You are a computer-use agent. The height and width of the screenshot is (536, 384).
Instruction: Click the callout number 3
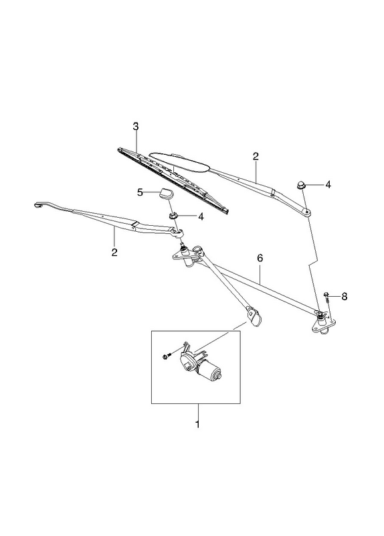(x=136, y=127)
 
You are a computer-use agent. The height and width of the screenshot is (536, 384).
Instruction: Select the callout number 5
(x=140, y=192)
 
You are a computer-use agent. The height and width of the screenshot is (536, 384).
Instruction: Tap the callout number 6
(x=260, y=258)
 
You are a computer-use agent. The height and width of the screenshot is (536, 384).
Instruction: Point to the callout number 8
(x=344, y=297)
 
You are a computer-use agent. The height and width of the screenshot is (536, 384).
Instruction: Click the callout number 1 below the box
(x=197, y=425)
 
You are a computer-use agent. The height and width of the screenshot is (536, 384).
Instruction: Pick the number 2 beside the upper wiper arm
(x=256, y=157)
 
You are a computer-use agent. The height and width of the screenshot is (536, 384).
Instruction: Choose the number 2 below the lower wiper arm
(x=114, y=253)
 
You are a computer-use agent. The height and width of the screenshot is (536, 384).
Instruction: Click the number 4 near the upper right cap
(x=328, y=185)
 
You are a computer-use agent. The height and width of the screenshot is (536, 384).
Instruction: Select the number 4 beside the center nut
(x=201, y=216)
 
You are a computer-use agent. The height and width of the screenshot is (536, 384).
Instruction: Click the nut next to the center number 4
(x=173, y=216)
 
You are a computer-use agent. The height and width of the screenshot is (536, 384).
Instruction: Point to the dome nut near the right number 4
(x=300, y=185)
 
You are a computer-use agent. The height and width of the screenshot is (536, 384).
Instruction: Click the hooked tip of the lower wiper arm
(x=38, y=205)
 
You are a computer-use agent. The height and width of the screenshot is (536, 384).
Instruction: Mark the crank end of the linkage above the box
(x=254, y=316)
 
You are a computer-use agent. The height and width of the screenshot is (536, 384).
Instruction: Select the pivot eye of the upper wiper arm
(x=307, y=212)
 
